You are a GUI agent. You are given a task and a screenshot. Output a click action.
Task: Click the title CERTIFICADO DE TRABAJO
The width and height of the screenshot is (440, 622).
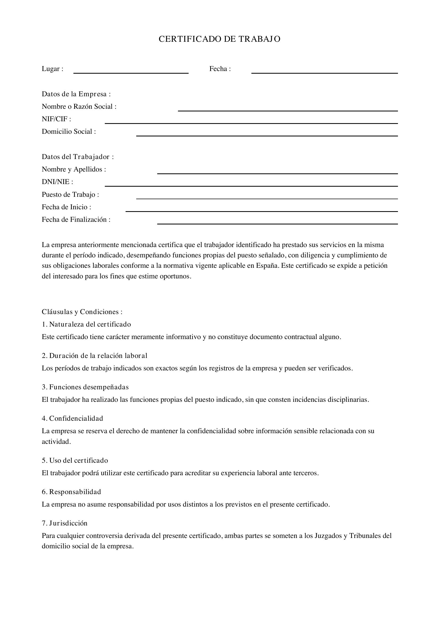coord(219,39)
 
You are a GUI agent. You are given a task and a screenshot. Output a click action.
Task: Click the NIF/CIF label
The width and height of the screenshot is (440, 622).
coord(56,119)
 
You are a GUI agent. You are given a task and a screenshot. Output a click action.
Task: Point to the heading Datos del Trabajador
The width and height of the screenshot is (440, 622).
coord(78,157)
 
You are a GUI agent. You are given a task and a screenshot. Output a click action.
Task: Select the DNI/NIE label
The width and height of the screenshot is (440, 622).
coord(57,182)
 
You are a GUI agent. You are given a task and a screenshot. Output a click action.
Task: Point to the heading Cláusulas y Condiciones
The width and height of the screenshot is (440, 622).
coord(82,312)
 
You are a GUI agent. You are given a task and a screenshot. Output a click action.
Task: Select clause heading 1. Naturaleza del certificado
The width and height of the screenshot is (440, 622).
coord(86,324)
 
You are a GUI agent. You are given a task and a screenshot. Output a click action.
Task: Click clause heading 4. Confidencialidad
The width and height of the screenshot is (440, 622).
coord(72,418)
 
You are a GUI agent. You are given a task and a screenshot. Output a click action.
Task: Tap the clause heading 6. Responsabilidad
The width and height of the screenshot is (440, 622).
coord(71,492)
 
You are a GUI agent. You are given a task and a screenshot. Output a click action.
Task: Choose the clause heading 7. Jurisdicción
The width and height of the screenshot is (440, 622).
coord(64,523)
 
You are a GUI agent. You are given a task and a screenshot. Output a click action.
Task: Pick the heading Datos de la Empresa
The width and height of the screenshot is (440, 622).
coord(76,94)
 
